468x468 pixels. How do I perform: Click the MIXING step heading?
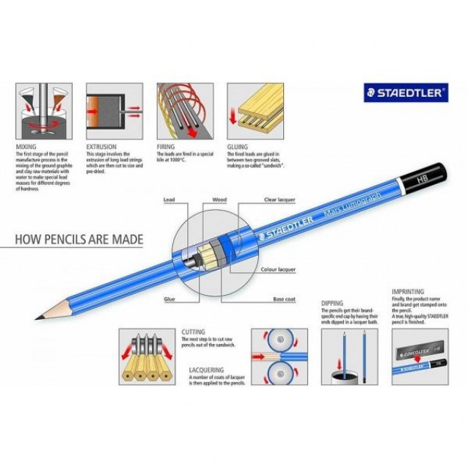(x=26, y=146)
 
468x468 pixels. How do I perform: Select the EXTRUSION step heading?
(x=102, y=146)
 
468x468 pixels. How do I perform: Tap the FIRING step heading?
(x=167, y=146)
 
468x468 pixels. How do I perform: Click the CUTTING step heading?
(x=194, y=332)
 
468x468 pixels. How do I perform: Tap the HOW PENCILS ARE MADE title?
(x=80, y=239)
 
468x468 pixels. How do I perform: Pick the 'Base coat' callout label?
(x=284, y=299)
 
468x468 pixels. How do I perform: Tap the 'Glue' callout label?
(x=169, y=299)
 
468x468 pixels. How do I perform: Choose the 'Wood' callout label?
(x=219, y=199)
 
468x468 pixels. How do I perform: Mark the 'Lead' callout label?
(x=169, y=199)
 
